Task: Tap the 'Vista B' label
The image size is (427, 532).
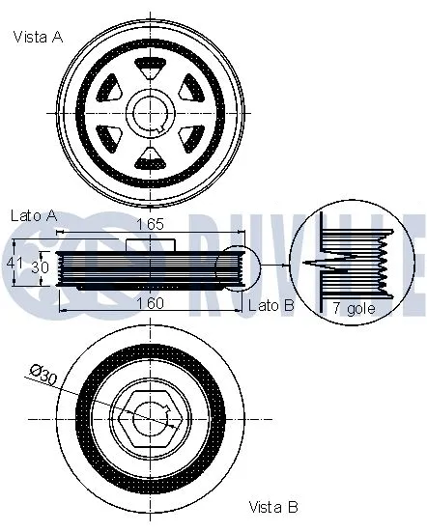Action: click(x=273, y=506)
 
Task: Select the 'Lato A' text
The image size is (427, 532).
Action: click(x=33, y=215)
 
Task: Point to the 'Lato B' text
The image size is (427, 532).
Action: click(x=270, y=304)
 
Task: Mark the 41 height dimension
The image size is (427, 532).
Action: click(x=13, y=262)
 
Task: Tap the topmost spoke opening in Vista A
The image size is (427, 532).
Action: click(x=151, y=68)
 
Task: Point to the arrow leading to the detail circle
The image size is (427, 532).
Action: click(x=274, y=265)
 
